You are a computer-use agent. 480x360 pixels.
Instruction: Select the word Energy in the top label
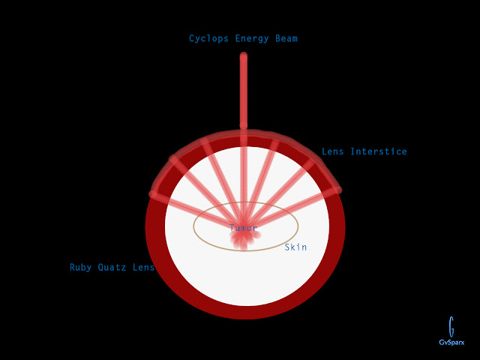[x=252, y=38]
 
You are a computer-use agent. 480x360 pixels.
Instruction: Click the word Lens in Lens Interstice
[x=333, y=151]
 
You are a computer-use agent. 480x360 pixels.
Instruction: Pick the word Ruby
[x=82, y=267]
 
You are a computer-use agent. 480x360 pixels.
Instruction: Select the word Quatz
[x=115, y=267]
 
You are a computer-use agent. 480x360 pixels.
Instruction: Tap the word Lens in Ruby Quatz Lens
[x=144, y=267]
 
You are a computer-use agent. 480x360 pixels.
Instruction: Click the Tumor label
[x=243, y=228]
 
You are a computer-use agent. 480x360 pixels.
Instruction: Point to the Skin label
[x=295, y=247]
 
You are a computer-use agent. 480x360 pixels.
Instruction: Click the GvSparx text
[x=451, y=343]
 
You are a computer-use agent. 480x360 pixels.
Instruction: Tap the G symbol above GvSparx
[x=451, y=326]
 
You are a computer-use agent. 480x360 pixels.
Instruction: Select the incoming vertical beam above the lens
[x=244, y=90]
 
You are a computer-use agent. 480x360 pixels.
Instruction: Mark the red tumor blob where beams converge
[x=244, y=238]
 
